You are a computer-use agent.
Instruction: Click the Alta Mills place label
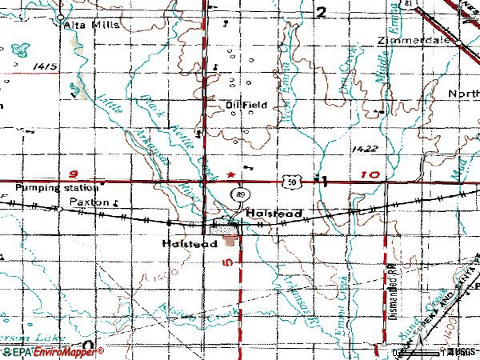coord(91,25)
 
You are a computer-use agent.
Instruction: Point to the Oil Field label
coord(246,104)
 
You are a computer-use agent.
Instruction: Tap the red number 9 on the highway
coord(74,172)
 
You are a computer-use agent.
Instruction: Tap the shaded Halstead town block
coord(230,234)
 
